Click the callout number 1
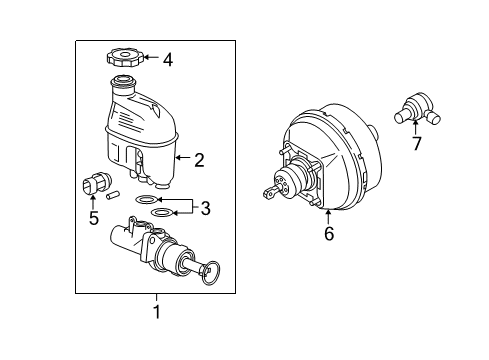[155, 310]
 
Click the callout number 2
[198, 158]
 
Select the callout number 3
[204, 208]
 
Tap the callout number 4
[167, 60]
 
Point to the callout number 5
[93, 218]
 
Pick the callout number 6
[328, 236]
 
